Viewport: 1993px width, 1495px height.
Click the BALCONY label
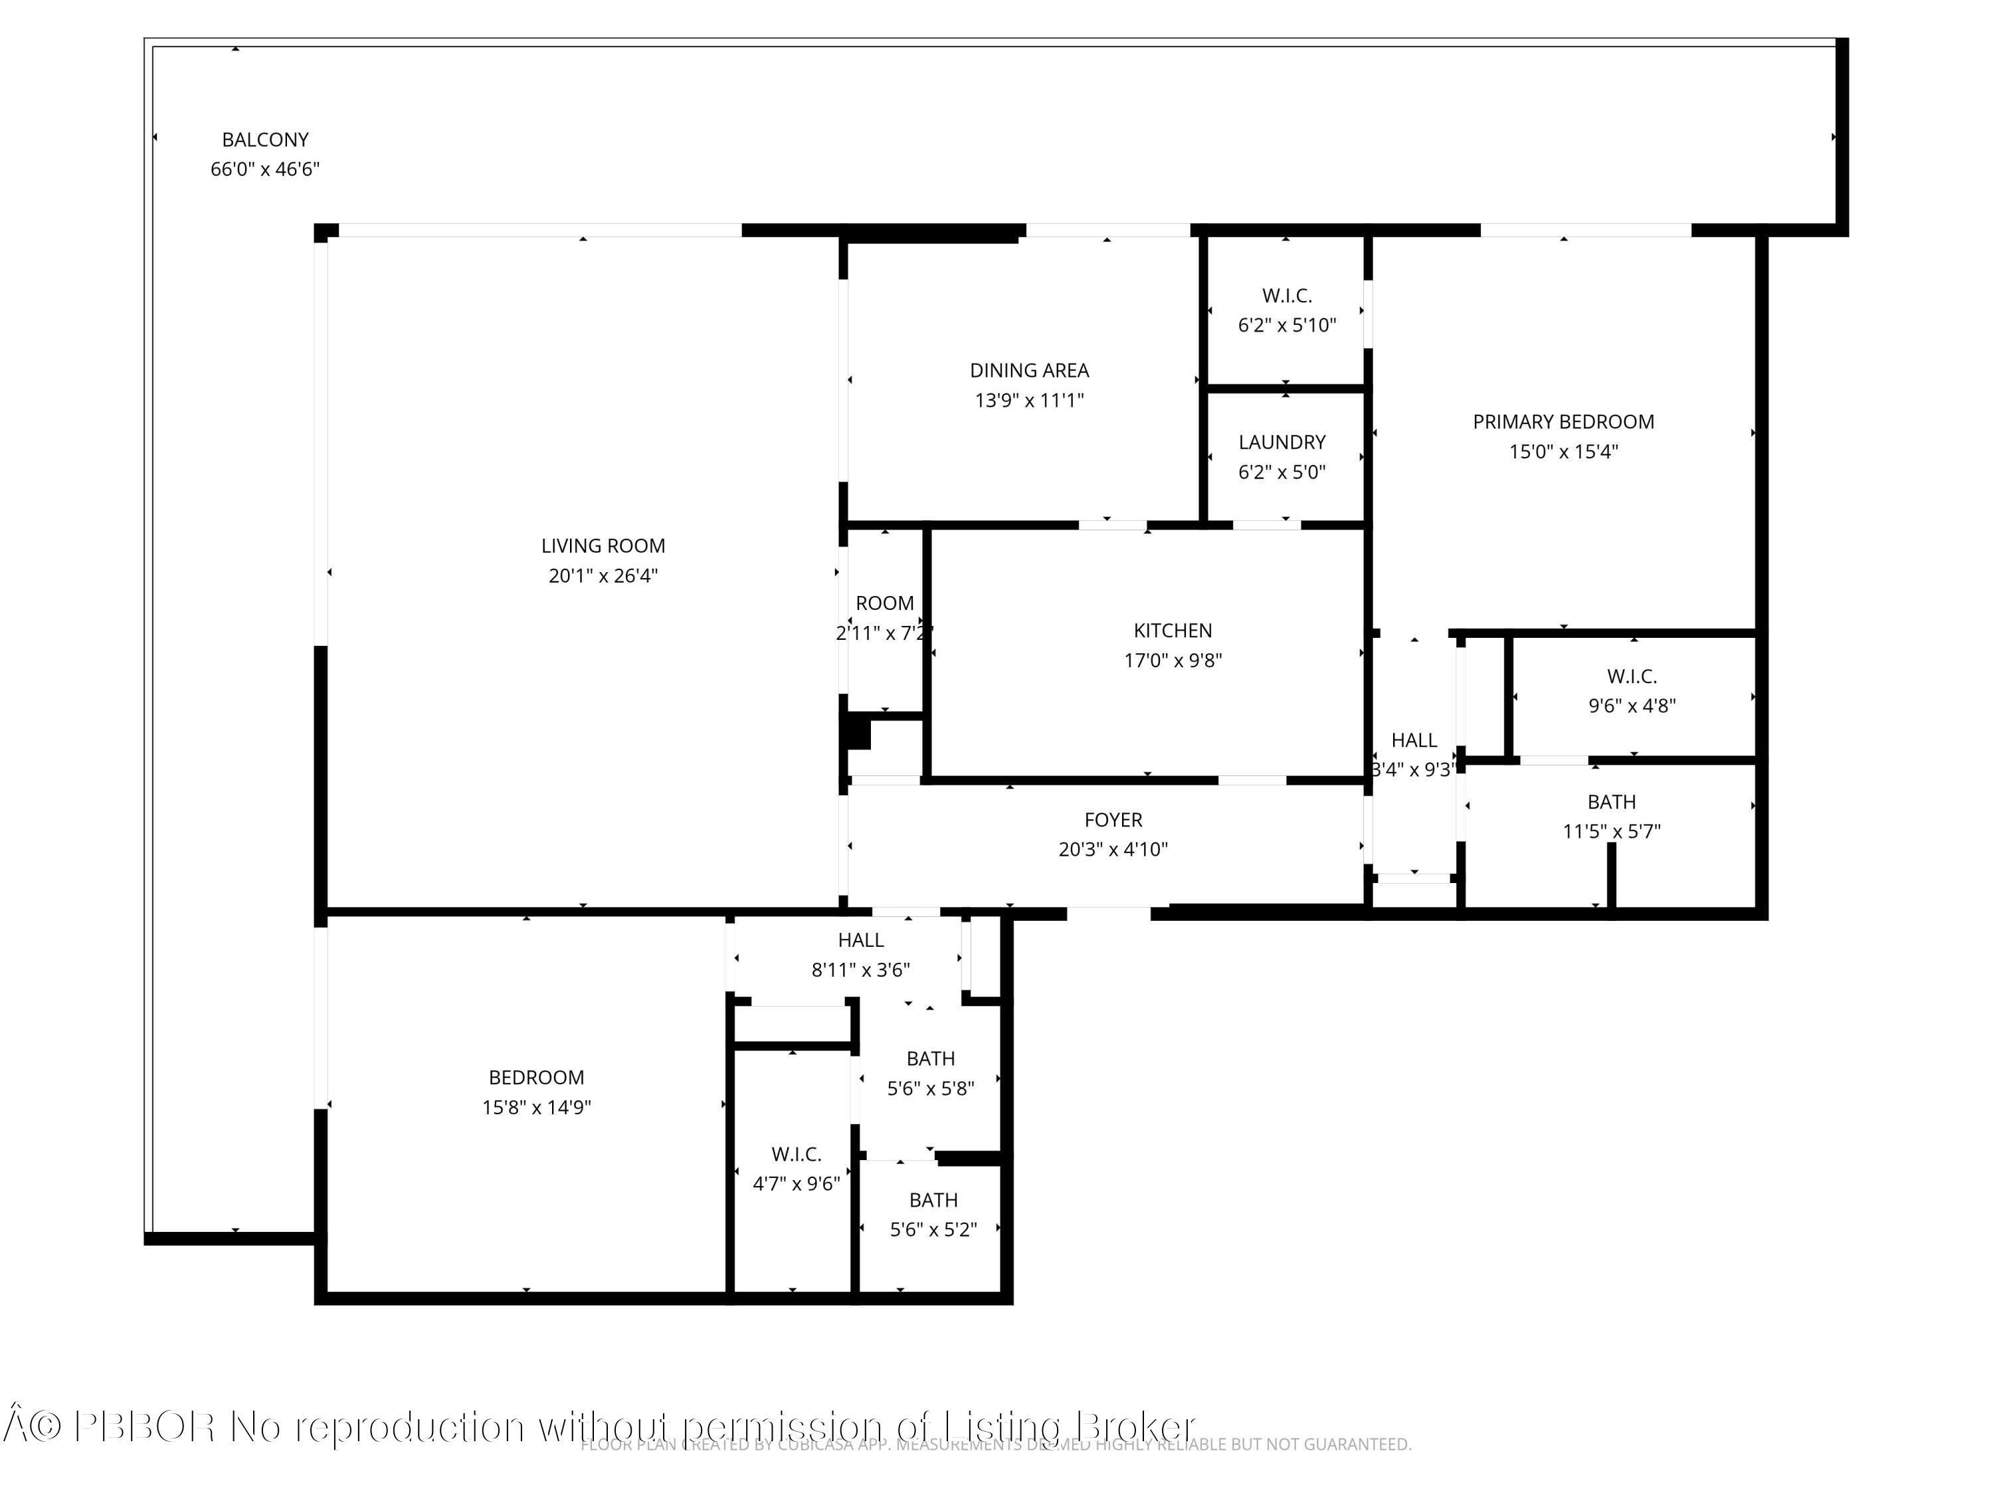pos(265,140)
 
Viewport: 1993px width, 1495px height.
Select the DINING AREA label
pos(1029,370)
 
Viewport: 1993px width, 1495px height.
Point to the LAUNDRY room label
pos(1281,443)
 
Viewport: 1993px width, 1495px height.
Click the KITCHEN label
pos(1172,631)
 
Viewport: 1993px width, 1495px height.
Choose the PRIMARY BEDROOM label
pos(1563,422)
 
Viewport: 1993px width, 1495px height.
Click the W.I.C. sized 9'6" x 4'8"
pos(1631,691)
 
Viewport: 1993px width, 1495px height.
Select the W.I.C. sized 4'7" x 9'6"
pos(796,1169)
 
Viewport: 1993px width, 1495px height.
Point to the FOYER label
pos(1113,820)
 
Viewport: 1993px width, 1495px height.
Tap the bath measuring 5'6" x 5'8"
pos(930,1073)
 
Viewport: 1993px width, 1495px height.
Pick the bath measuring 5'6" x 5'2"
pos(933,1215)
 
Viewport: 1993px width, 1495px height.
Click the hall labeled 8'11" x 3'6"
pos(860,954)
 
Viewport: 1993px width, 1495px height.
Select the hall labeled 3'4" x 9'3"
pos(1413,754)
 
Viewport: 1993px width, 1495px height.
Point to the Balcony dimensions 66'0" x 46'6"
pos(265,169)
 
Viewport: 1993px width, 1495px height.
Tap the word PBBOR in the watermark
pos(144,1427)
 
